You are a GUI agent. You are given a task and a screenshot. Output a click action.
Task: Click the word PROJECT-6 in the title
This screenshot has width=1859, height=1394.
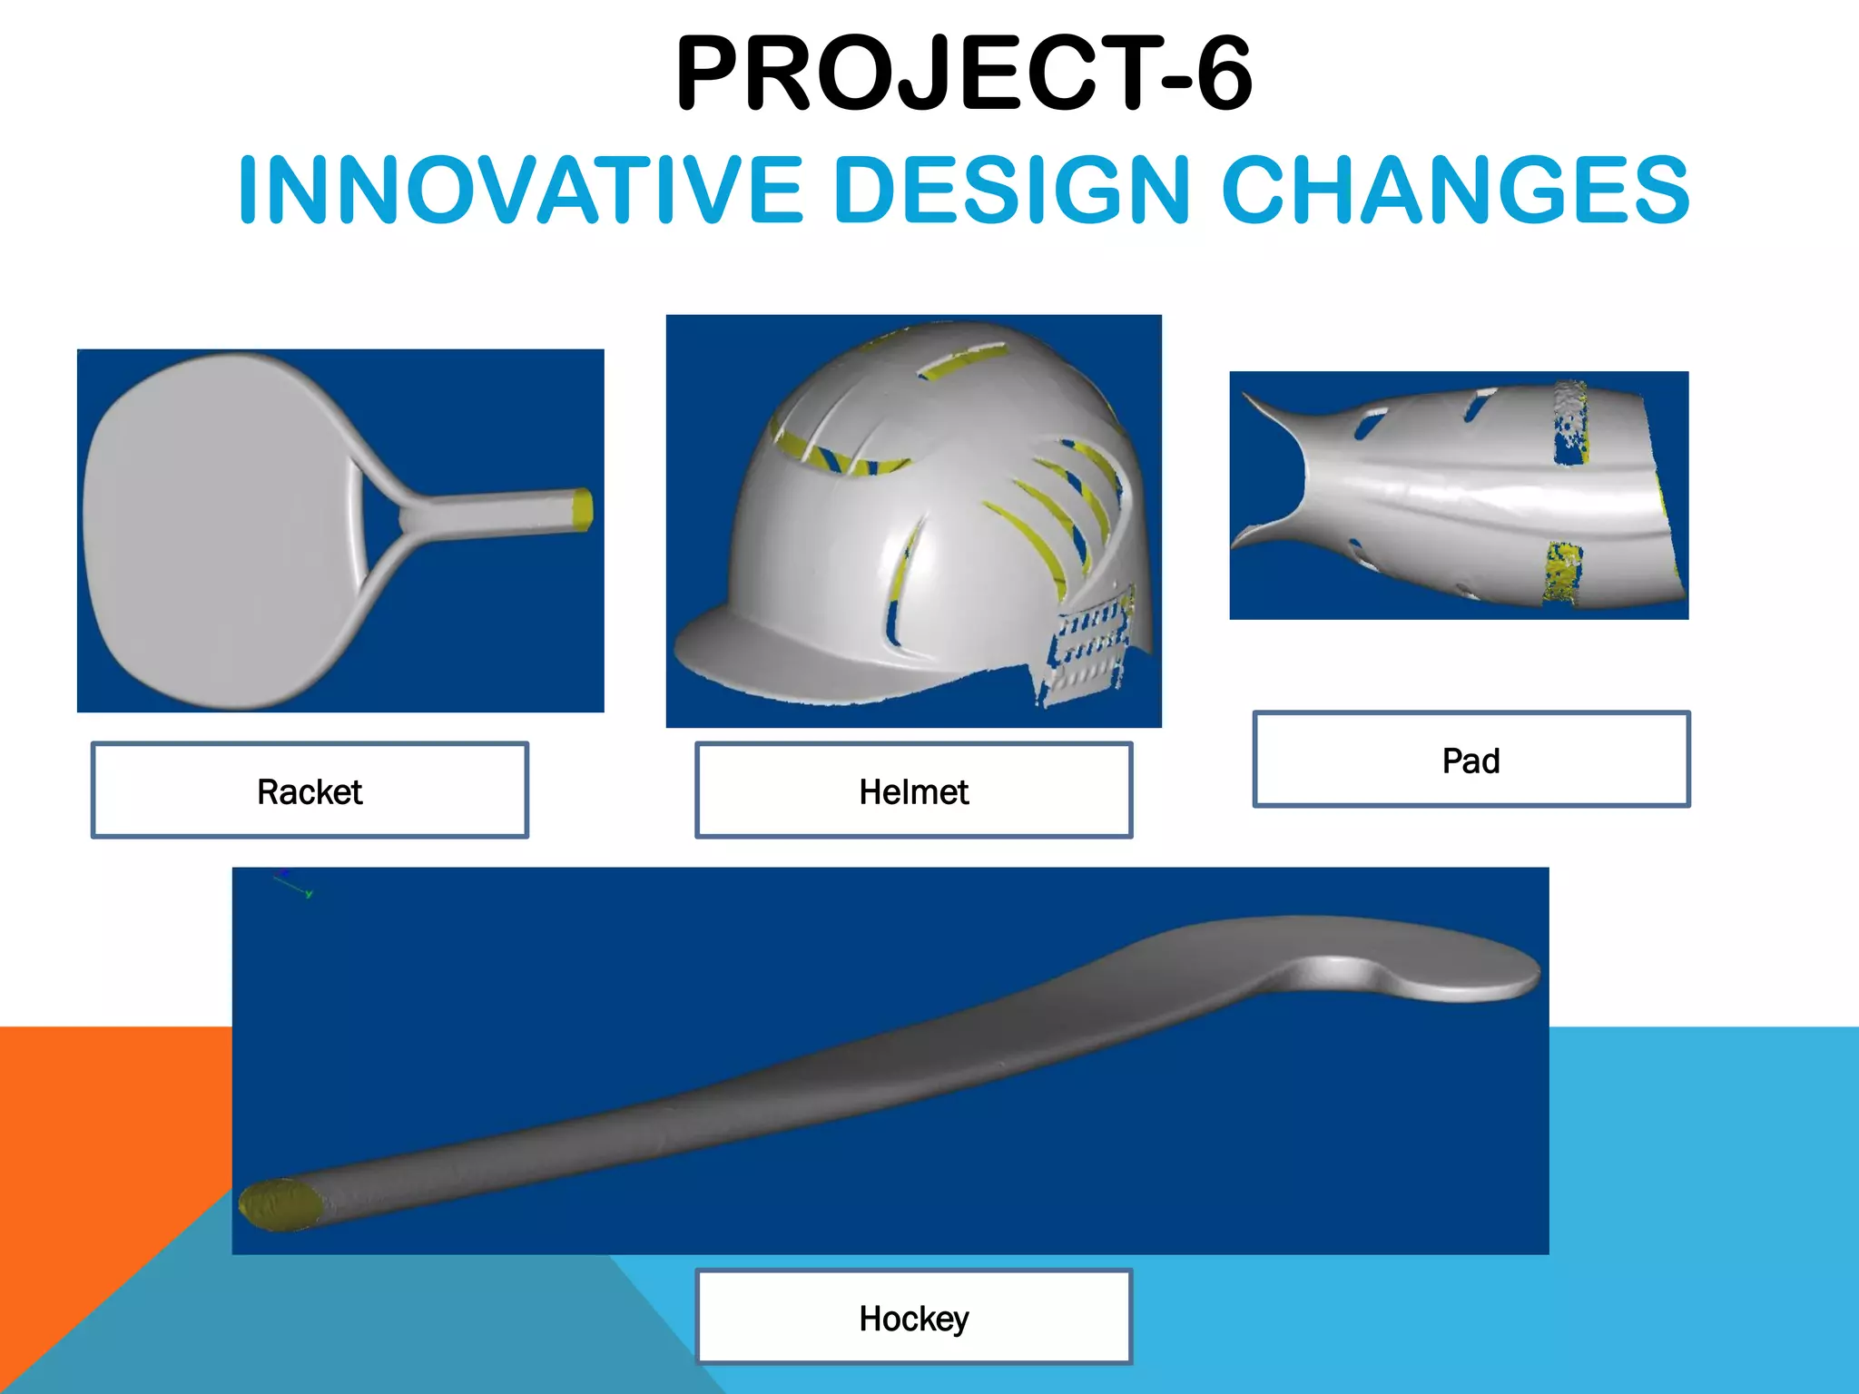[x=964, y=74]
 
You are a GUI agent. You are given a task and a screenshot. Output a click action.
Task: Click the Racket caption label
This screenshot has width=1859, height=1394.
[x=310, y=790]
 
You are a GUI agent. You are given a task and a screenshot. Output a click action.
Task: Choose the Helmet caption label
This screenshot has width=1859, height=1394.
[x=913, y=790]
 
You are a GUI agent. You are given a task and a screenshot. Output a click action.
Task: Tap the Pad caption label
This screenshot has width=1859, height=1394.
[x=1470, y=760]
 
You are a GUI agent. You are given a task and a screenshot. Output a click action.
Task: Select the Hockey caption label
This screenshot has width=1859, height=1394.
[x=913, y=1318]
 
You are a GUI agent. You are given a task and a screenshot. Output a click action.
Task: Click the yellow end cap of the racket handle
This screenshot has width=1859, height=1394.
[x=583, y=509]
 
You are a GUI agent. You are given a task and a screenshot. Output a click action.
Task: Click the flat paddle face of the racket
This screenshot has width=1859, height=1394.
[x=218, y=531]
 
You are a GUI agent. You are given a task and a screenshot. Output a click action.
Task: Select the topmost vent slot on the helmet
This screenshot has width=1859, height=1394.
[x=962, y=360]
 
